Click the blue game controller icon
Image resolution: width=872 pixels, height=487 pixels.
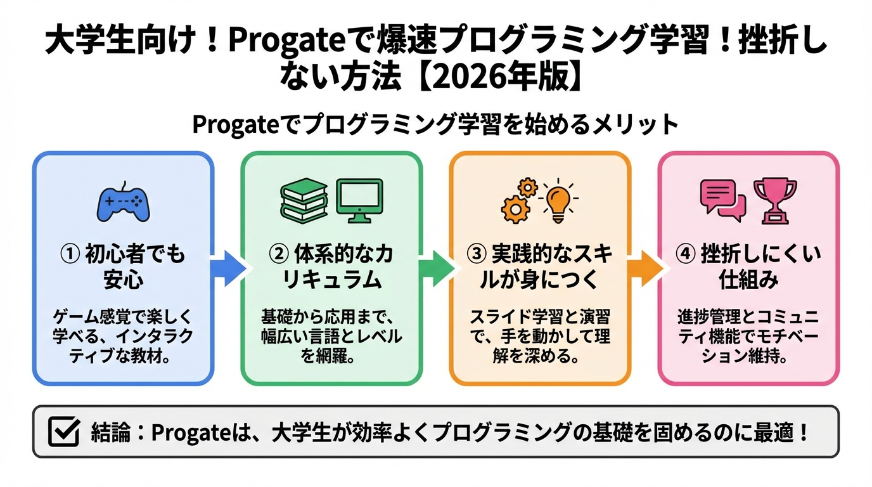coord(123,202)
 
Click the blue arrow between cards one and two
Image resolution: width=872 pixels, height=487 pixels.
coord(226,268)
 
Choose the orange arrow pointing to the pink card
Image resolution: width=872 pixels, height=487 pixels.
coord(644,268)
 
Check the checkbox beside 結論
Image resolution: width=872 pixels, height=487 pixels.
coord(64,432)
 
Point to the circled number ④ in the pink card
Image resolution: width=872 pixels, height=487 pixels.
coord(688,255)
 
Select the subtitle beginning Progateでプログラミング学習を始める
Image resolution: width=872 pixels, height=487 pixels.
coord(435,125)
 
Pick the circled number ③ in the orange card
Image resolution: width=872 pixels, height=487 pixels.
coord(477,255)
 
